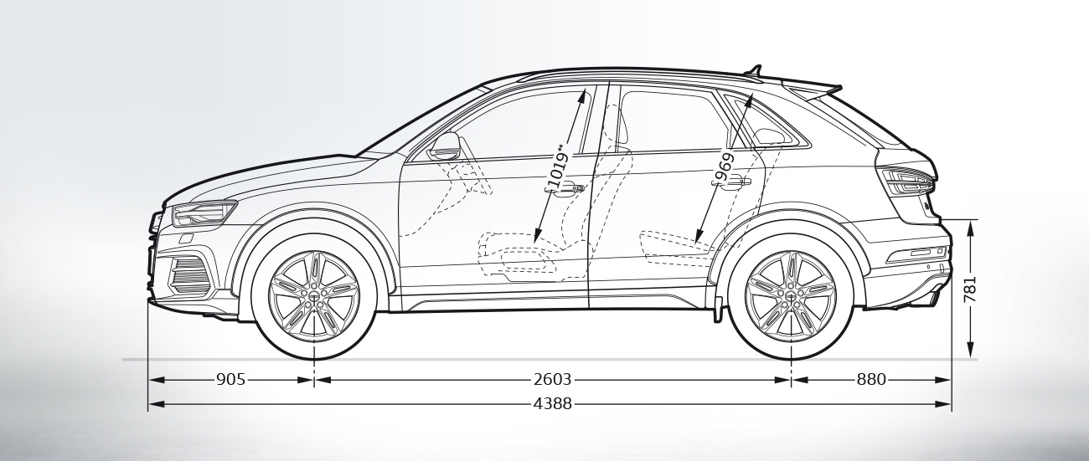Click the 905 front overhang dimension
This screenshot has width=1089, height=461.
[230, 380]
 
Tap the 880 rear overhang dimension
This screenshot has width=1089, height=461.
[870, 380]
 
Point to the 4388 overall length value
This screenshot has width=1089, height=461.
[552, 404]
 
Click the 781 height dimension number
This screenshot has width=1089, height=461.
[969, 289]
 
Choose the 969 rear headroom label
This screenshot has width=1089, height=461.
[725, 168]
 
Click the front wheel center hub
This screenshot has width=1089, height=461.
[314, 296]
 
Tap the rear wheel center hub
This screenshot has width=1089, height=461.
[791, 296]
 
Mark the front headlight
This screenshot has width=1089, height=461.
[204, 214]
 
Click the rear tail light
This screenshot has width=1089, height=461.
[906, 179]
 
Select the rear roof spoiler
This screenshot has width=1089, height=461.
[813, 89]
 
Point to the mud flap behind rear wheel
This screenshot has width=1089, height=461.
[718, 308]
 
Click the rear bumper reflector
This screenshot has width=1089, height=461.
[918, 253]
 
